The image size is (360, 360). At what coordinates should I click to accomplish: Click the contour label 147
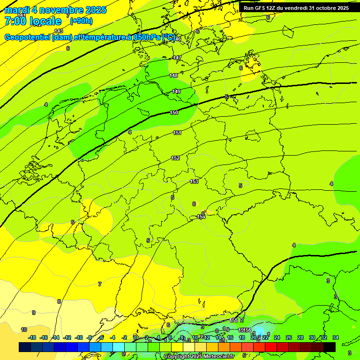click(x=177, y=58)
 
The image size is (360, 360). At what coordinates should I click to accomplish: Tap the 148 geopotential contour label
click(x=173, y=75)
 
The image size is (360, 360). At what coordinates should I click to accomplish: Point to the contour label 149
click(x=176, y=91)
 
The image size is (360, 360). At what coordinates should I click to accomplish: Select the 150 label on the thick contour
click(x=174, y=112)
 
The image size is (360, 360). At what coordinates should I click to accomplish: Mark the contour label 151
click(x=177, y=133)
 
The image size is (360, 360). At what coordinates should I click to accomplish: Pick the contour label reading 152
click(x=175, y=158)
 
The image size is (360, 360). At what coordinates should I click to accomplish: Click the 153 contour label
click(x=194, y=181)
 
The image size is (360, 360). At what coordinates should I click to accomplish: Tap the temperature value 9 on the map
click(x=33, y=313)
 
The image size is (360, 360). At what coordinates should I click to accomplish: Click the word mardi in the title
click(x=17, y=10)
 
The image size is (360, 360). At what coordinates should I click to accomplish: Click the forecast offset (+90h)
click(x=81, y=21)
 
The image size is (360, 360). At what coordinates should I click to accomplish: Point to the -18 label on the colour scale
click(x=32, y=337)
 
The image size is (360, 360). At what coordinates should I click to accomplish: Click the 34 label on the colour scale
click(x=336, y=337)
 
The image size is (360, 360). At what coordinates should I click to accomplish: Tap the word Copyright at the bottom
click(x=177, y=357)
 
